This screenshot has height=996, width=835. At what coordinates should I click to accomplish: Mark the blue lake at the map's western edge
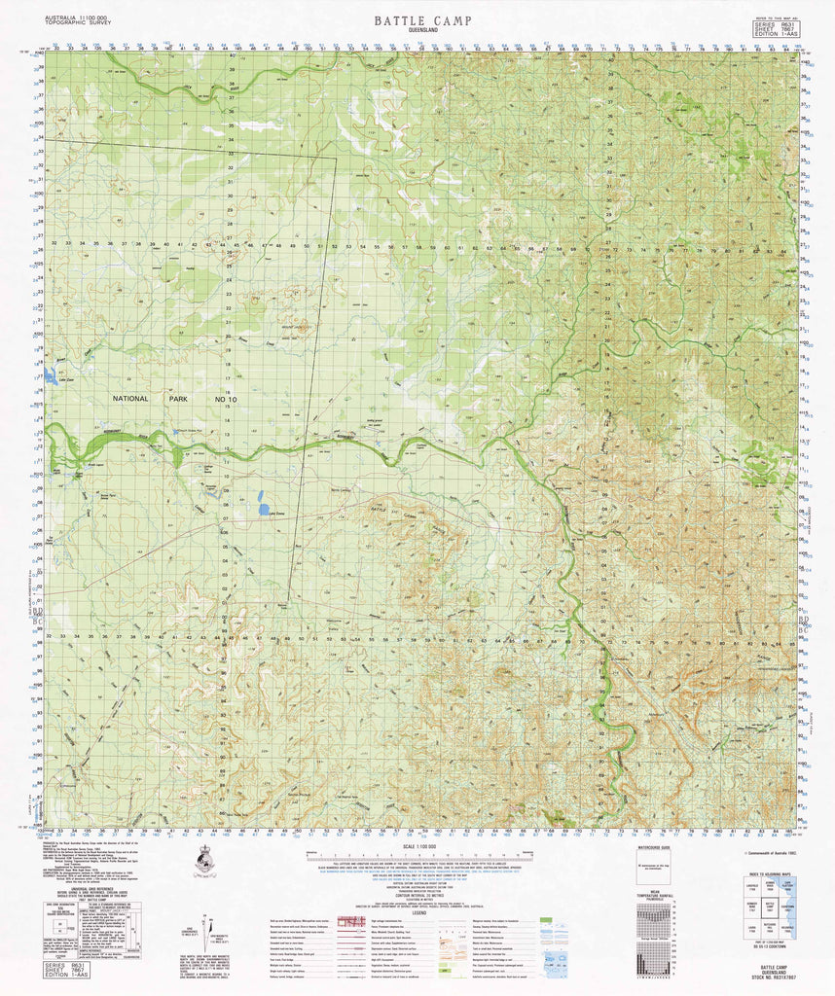coord(49,374)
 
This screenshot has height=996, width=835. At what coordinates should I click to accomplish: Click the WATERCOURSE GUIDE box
coord(653,865)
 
